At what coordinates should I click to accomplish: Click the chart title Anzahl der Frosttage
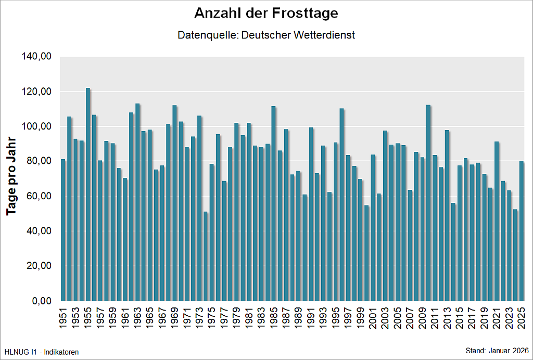click(266, 13)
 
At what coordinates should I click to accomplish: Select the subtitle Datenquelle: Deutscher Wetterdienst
click(266, 35)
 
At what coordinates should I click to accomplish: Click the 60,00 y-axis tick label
click(38, 196)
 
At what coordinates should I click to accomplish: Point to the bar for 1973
click(199, 209)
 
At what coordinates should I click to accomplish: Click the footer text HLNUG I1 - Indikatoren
click(42, 352)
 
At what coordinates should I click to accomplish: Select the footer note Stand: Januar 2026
click(497, 351)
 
